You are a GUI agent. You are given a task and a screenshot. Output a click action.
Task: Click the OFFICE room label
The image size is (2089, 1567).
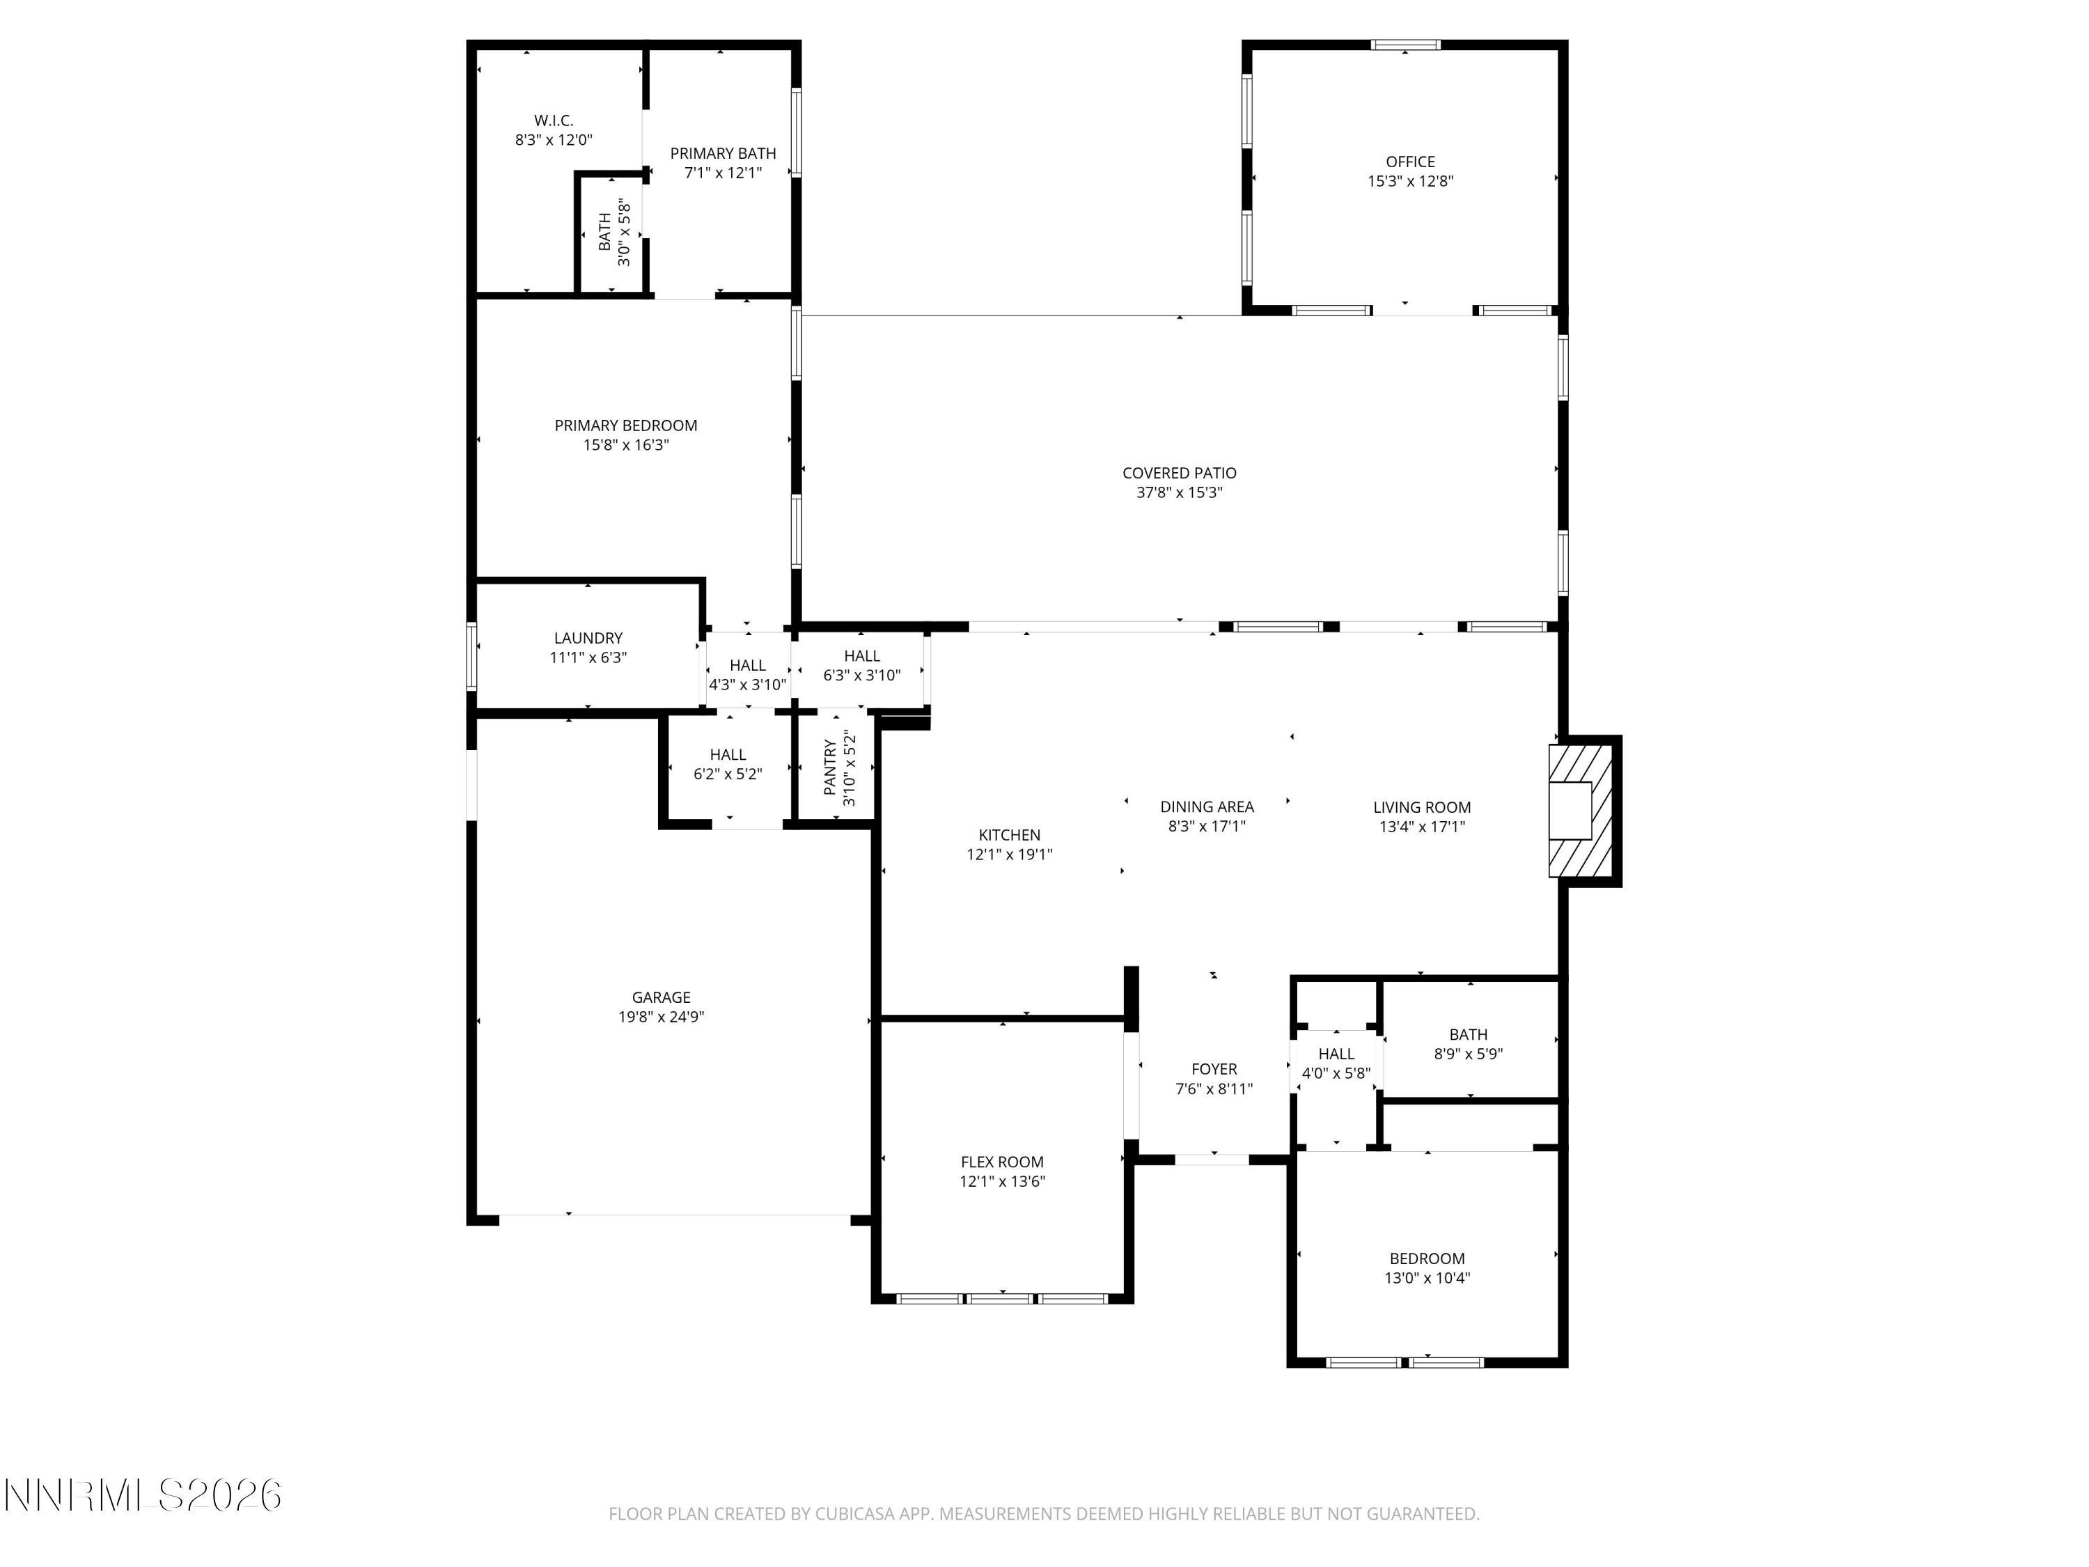(1410, 162)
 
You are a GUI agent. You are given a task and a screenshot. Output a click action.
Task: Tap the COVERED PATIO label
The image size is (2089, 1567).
(1180, 473)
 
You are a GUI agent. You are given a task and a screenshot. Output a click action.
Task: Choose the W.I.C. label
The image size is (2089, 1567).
(554, 121)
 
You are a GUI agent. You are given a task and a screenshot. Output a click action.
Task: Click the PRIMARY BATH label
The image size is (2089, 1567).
(723, 153)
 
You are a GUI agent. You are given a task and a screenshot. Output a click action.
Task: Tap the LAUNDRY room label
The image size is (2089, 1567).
(588, 639)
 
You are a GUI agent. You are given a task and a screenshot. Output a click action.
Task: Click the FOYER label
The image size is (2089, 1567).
(1214, 1069)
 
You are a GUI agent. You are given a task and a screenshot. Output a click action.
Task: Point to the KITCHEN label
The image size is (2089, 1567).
(1010, 835)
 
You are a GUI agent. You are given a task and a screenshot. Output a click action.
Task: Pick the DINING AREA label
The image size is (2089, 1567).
(1207, 806)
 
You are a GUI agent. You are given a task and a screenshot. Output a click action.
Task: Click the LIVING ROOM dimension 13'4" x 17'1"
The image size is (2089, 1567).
(1422, 827)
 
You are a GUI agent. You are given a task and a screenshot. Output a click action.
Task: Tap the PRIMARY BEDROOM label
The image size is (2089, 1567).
(626, 426)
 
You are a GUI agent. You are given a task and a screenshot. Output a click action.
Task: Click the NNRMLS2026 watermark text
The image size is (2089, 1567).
(143, 1495)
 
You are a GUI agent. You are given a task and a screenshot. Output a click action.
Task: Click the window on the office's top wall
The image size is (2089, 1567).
(1406, 45)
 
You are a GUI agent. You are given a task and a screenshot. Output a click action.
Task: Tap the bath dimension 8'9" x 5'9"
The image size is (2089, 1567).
(1469, 1054)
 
